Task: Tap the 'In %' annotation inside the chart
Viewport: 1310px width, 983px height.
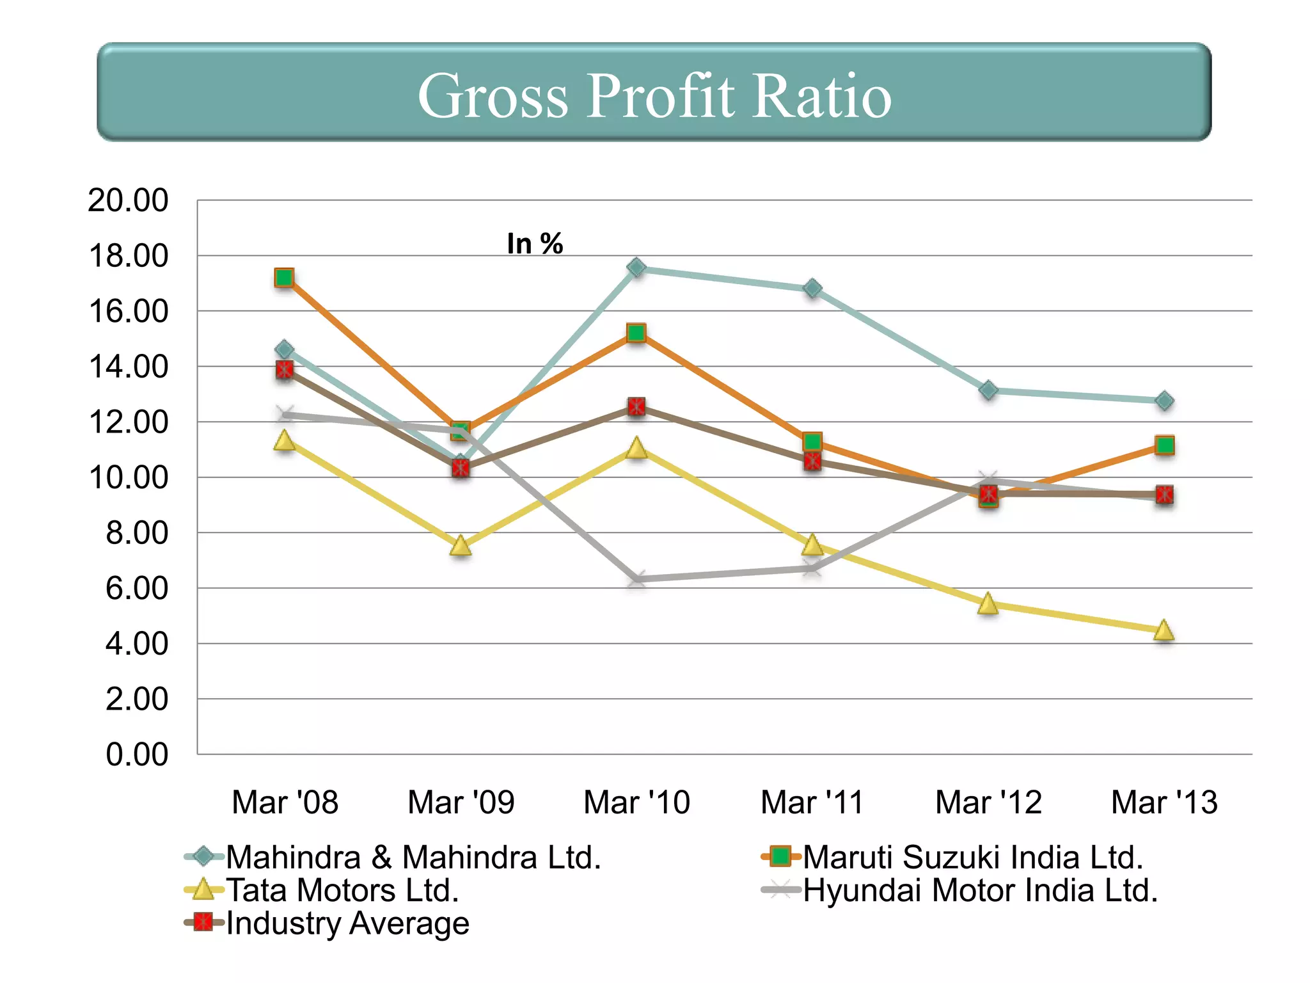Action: pyautogui.click(x=535, y=244)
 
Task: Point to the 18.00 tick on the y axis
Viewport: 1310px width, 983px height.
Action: pyautogui.click(x=129, y=256)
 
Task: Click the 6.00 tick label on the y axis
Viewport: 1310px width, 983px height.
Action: pyautogui.click(x=137, y=588)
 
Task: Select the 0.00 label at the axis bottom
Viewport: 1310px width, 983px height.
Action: pyautogui.click(x=137, y=755)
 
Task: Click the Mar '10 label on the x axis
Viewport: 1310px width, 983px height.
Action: pyautogui.click(x=636, y=803)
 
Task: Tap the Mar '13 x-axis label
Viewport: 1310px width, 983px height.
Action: pyautogui.click(x=1164, y=803)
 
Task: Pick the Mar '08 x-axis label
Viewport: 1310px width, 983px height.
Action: pyautogui.click(x=285, y=803)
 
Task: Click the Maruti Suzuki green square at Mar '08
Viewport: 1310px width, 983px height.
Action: pyautogui.click(x=284, y=278)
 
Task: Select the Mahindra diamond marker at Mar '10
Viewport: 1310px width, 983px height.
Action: pyautogui.click(x=636, y=268)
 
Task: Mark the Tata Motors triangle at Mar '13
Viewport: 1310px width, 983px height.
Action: pyautogui.click(x=1164, y=630)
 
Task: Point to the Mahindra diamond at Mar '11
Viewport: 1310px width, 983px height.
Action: pyautogui.click(x=812, y=289)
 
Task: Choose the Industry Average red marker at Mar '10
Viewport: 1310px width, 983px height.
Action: pyautogui.click(x=636, y=406)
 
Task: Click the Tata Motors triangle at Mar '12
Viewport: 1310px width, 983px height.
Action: pyautogui.click(x=988, y=603)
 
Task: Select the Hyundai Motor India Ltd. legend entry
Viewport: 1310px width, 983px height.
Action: pyautogui.click(x=980, y=890)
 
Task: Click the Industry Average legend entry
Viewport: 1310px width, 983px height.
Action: pyautogui.click(x=347, y=923)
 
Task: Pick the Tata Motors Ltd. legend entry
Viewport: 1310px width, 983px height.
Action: pyautogui.click(x=342, y=890)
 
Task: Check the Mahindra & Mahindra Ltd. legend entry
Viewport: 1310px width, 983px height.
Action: pyautogui.click(x=413, y=857)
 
